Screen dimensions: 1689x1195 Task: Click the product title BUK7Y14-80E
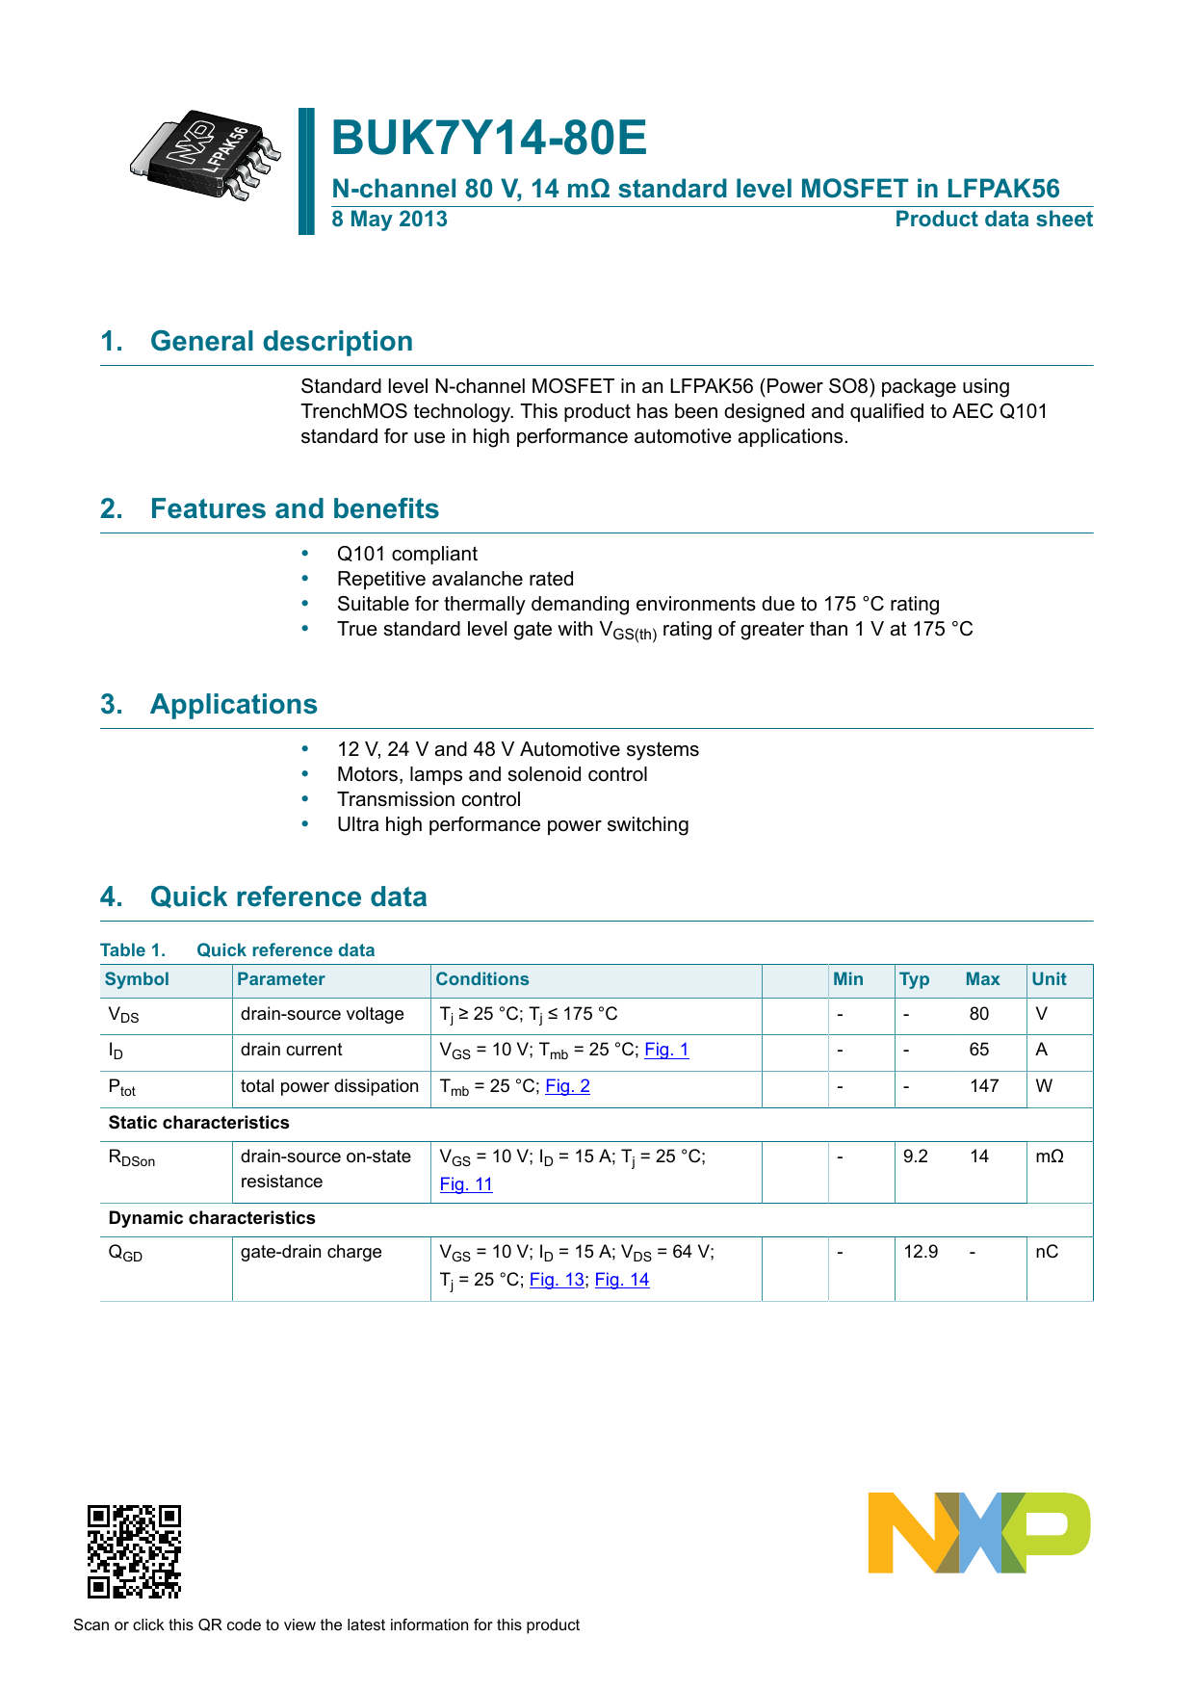tap(489, 138)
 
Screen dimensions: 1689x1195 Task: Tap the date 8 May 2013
tap(389, 220)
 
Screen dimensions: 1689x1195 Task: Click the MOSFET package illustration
tap(205, 155)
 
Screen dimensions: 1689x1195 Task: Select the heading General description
tap(281, 342)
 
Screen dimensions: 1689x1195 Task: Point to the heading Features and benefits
tap(294, 509)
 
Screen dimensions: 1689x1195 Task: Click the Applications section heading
tap(233, 705)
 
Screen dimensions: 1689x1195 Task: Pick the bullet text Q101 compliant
tap(406, 555)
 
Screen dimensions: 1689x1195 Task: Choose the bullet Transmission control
tap(429, 800)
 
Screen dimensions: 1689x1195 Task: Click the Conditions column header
tap(482, 979)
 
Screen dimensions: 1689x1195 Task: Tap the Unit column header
tap(1049, 979)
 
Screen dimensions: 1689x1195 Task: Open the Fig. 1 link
tap(666, 1050)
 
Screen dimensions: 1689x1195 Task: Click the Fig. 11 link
tap(466, 1184)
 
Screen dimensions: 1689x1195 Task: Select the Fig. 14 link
tap(622, 1280)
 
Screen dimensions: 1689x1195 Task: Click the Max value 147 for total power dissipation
tap(984, 1086)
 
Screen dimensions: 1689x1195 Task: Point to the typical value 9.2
tap(916, 1156)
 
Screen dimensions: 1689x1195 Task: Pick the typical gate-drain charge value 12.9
tap(921, 1252)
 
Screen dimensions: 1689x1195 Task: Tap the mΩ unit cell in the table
tap(1050, 1156)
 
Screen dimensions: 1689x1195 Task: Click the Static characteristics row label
tap(198, 1123)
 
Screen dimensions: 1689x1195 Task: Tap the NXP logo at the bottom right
tap(978, 1533)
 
